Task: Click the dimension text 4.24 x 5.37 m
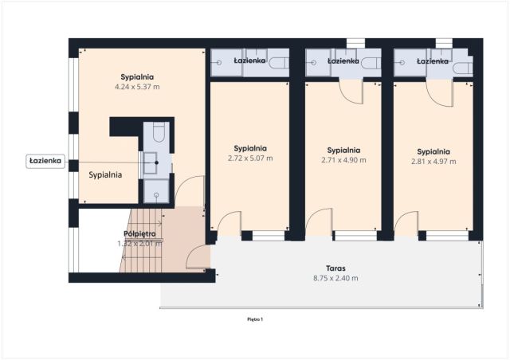(139, 86)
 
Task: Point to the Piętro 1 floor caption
(255, 319)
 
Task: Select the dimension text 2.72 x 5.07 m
(250, 158)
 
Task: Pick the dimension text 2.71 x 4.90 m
(344, 159)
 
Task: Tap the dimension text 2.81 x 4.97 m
(433, 161)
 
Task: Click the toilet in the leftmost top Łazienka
(278, 64)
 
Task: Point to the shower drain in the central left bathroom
(156, 192)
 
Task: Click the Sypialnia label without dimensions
(105, 174)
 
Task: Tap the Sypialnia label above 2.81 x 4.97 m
(433, 151)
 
